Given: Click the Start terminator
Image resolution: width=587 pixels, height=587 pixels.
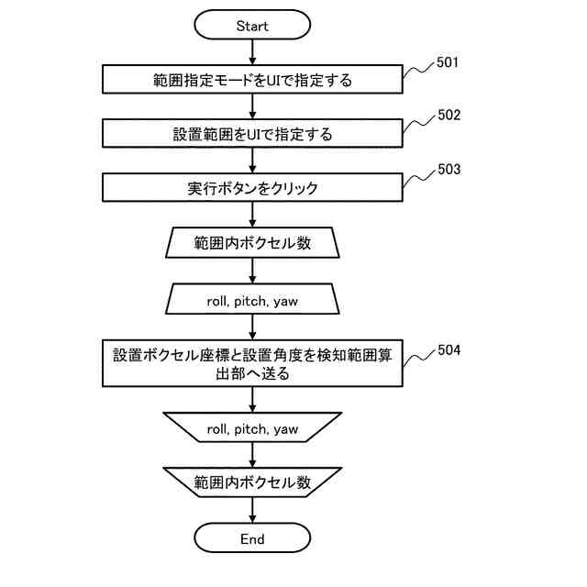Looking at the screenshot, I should [252, 26].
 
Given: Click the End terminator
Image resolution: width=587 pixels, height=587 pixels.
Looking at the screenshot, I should [252, 538].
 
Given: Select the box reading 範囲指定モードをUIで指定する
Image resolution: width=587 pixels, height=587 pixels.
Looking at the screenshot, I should [252, 80].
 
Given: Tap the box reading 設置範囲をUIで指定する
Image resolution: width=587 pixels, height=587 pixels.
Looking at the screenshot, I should [252, 134].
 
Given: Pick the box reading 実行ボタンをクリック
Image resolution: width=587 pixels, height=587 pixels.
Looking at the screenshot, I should [252, 188].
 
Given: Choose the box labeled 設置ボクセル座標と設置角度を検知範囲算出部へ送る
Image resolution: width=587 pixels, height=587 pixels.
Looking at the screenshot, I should [252, 363].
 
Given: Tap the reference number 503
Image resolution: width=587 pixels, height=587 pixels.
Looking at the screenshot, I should [449, 170].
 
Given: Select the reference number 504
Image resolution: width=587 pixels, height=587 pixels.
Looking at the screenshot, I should [449, 349].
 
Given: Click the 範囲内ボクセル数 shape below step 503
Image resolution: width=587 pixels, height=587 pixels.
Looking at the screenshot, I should [252, 243].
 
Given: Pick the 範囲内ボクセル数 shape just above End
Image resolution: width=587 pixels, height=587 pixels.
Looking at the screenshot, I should [252, 482].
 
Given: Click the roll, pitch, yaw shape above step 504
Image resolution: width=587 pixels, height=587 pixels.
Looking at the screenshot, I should [252, 299].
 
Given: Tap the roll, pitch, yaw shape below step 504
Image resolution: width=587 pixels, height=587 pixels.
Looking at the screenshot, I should [252, 428].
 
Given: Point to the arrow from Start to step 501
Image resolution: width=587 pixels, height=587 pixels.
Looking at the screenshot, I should [252, 52].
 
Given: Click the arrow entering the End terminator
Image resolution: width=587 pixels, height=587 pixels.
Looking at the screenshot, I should [252, 510].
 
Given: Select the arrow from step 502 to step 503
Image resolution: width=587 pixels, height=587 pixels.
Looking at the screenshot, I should [252, 161].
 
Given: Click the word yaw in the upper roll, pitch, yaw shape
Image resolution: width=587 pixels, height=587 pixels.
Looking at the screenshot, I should [286, 300].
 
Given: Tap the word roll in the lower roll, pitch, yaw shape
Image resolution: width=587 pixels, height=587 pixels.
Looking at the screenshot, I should [217, 428].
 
